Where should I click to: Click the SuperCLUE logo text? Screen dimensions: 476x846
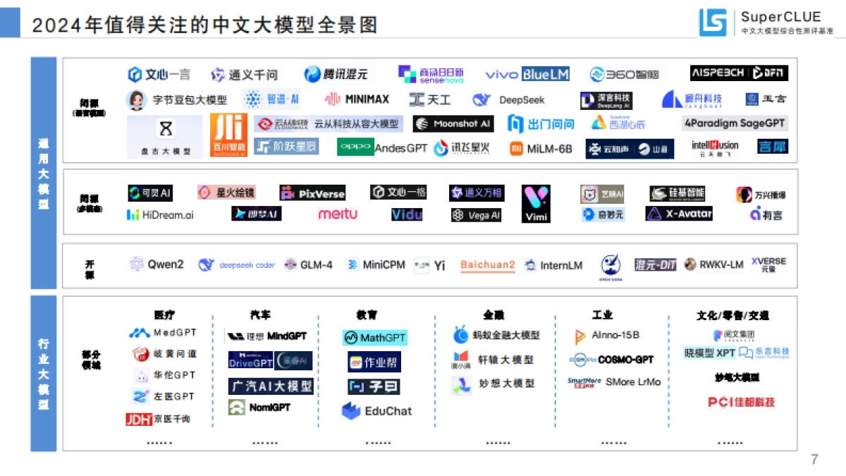point(780,17)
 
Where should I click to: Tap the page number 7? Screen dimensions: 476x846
point(814,460)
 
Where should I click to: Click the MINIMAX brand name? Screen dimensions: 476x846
point(357,99)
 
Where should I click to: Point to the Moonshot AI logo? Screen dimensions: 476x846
point(453,124)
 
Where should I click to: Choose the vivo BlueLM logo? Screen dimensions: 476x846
point(527,74)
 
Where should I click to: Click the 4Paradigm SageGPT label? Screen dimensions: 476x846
point(735,123)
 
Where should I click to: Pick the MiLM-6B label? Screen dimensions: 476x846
point(541,149)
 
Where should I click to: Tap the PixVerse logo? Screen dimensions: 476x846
point(312,193)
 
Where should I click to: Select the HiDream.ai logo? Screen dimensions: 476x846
point(160,214)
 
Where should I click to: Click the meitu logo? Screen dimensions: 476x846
point(338,214)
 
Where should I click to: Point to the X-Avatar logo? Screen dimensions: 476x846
point(680,214)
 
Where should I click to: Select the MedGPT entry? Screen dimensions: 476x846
point(164,333)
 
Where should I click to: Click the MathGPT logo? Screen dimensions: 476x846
point(375,338)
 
